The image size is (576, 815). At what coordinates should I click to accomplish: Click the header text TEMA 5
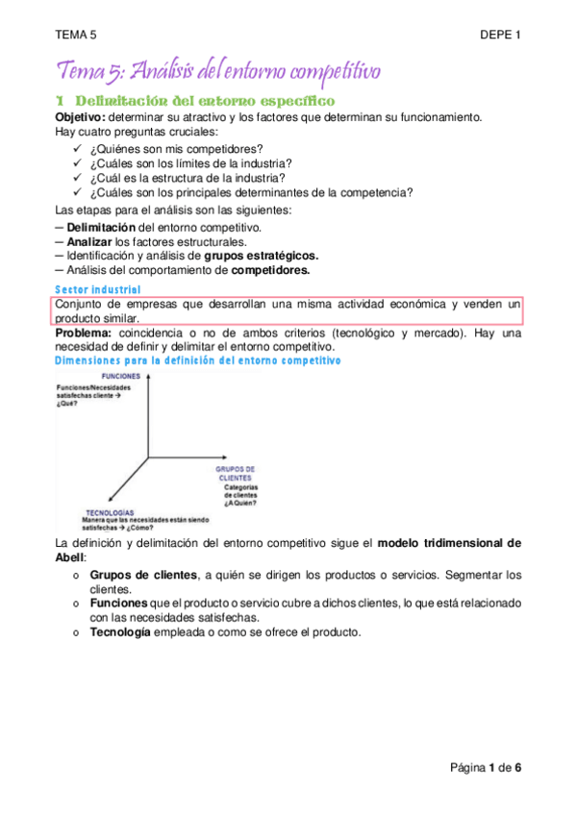[x=76, y=36]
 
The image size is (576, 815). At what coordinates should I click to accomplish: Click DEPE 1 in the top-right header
[x=500, y=36]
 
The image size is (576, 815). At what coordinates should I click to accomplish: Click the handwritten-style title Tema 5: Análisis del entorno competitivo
[x=219, y=70]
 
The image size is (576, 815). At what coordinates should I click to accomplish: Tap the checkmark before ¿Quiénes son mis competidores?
[x=77, y=149]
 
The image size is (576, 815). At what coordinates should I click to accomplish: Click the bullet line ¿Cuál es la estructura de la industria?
[x=188, y=178]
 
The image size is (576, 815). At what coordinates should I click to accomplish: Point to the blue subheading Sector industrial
[x=98, y=289]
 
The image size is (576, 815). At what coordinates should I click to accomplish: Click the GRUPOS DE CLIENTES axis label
[x=235, y=473]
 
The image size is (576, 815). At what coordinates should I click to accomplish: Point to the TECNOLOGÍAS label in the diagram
[x=110, y=512]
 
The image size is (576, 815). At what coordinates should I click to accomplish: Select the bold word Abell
[x=70, y=557]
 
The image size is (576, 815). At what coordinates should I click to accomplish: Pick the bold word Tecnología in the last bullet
[x=120, y=632]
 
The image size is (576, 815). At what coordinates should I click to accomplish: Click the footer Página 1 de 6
[x=486, y=767]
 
